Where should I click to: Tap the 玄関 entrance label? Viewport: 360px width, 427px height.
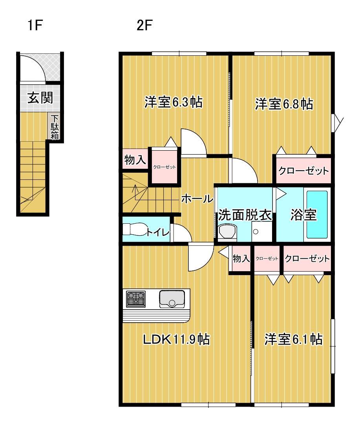[x=40, y=97]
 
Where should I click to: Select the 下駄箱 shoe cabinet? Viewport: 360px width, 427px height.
[x=54, y=127]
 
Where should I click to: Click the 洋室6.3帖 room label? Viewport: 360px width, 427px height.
[x=173, y=103]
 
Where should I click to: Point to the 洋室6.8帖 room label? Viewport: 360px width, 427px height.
[x=283, y=104]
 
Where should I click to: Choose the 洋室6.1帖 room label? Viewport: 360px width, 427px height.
[x=293, y=339]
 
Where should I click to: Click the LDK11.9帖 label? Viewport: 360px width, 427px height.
[x=175, y=339]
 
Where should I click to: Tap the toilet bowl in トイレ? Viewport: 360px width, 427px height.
[x=133, y=229]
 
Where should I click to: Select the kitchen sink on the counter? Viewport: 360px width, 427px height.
[x=172, y=299]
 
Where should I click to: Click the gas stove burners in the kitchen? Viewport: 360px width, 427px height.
[x=135, y=299]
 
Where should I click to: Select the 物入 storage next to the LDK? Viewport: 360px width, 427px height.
[x=241, y=259]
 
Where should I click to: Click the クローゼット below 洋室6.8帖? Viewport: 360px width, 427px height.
[x=303, y=171]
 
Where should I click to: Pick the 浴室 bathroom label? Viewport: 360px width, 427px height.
[x=303, y=215]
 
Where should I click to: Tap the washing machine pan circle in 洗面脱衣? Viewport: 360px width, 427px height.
[x=256, y=232]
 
